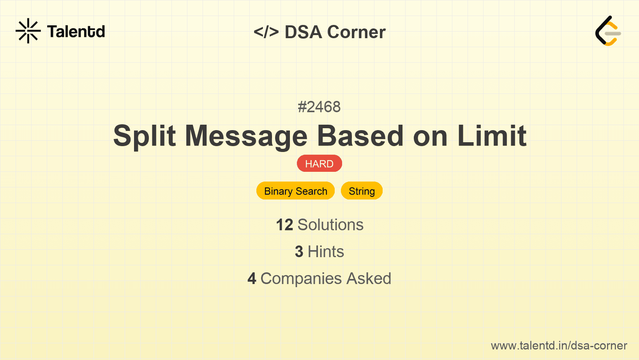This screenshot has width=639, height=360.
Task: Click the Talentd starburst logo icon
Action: click(28, 31)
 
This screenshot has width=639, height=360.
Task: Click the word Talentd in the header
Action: click(76, 32)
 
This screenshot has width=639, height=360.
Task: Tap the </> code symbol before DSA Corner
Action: click(266, 32)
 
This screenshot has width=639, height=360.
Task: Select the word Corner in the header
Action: click(356, 32)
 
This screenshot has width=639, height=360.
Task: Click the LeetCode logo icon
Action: click(608, 31)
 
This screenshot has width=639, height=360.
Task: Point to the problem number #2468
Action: click(319, 107)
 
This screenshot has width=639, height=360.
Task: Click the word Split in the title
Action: click(144, 136)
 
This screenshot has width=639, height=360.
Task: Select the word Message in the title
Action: click(246, 136)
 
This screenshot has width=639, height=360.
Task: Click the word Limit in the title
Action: click(492, 136)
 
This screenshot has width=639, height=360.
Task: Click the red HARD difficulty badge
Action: click(319, 164)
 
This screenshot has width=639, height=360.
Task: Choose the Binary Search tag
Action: click(295, 191)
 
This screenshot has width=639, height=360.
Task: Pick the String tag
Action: click(362, 191)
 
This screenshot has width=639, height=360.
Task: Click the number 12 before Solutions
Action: click(284, 225)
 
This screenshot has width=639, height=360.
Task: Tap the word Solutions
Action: click(330, 225)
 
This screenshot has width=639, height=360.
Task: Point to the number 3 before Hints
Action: click(299, 252)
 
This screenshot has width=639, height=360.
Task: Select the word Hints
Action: click(326, 252)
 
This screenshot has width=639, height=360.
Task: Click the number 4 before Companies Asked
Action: click(252, 279)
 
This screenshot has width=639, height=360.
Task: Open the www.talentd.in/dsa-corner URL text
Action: click(559, 346)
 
